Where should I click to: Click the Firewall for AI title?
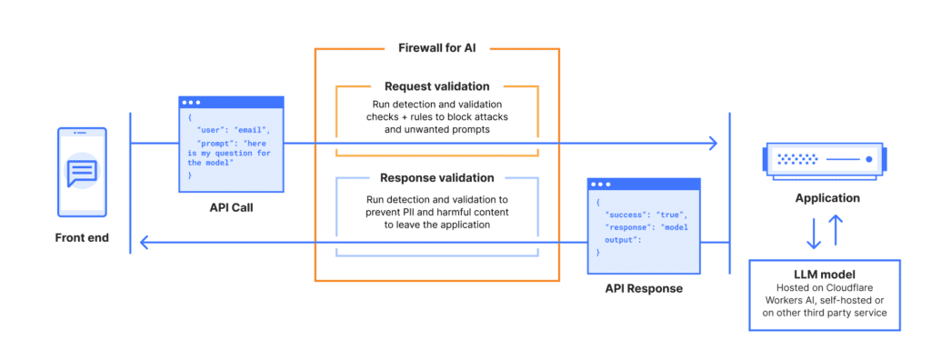436,47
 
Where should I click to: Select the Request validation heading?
436,86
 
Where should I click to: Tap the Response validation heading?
437,178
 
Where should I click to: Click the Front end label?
81,239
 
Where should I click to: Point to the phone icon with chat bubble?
82,172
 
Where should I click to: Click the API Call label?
230,208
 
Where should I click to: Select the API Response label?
644,288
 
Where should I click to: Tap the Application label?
826,197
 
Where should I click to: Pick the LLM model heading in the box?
824,274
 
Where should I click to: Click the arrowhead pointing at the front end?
144,242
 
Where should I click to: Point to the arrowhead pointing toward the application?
713,143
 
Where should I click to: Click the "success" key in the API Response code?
623,215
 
